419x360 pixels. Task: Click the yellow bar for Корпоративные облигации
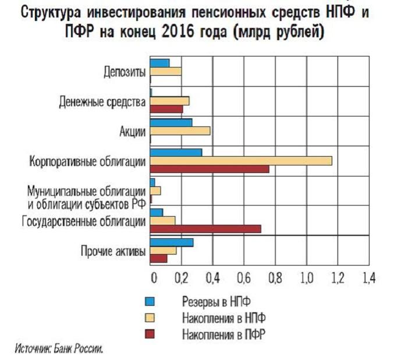click(x=241, y=161)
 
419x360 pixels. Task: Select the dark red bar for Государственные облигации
click(x=205, y=228)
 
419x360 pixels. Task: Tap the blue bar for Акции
click(x=171, y=123)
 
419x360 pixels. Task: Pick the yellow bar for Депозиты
click(x=166, y=71)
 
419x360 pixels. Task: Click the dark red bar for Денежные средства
click(x=166, y=109)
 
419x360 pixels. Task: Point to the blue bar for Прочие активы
click(x=172, y=242)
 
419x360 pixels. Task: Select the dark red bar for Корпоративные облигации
click(x=210, y=169)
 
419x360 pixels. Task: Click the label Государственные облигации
click(x=84, y=221)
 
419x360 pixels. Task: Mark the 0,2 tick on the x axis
click(x=182, y=278)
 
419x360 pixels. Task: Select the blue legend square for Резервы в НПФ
click(x=150, y=302)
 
